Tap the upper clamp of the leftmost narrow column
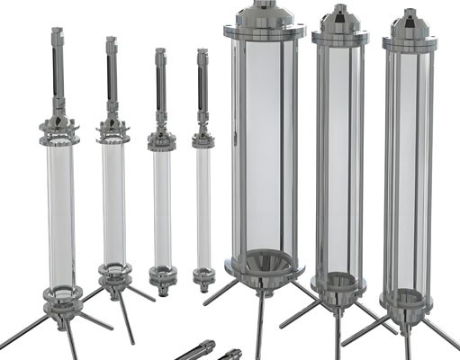(59, 137)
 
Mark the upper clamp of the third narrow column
(161, 139)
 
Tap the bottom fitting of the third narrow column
(164, 276)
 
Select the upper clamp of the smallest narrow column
(203, 140)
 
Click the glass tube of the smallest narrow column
(204, 207)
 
